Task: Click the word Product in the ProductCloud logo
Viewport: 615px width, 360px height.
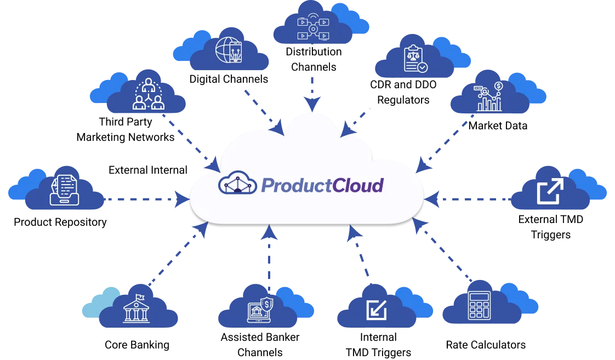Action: tap(296, 185)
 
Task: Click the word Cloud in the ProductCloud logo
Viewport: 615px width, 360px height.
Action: tap(357, 185)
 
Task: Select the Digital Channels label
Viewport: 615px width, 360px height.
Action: tap(229, 79)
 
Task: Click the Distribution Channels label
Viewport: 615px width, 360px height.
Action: tap(314, 59)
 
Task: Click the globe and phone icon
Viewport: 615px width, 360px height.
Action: tap(229, 50)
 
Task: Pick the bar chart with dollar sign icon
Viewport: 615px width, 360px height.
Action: tap(490, 96)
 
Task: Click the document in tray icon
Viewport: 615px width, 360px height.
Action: tap(64, 190)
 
